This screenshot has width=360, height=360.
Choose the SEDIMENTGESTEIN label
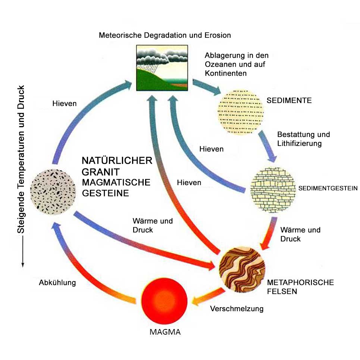tap(328, 188)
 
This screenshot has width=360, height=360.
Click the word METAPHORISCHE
tap(301, 282)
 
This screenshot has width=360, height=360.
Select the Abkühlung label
tap(57, 282)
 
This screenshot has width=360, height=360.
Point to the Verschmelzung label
tap(237, 309)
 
